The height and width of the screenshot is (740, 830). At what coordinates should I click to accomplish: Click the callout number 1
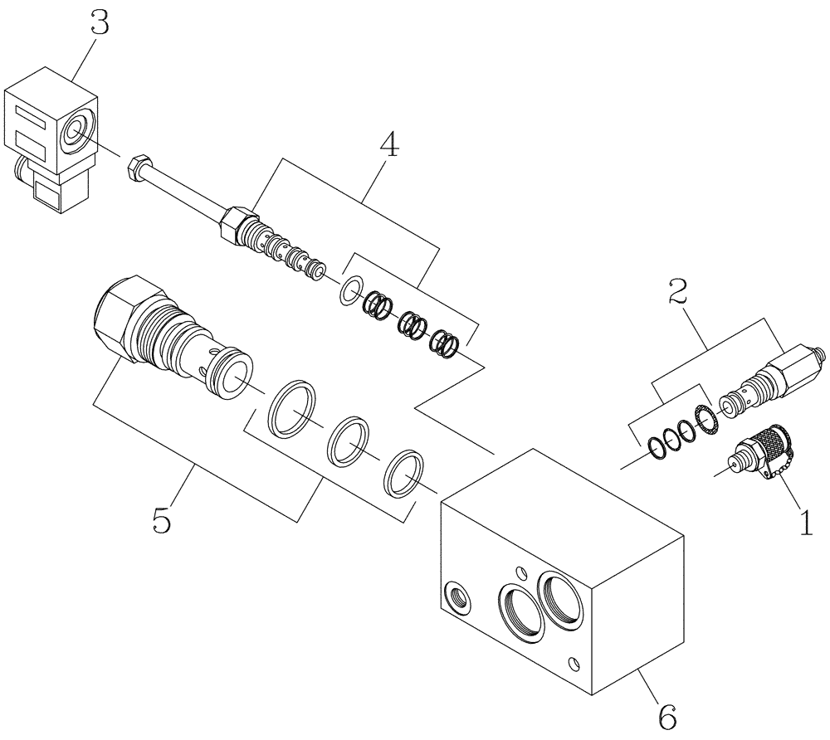click(x=804, y=523)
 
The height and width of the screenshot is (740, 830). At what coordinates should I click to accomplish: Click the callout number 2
click(x=678, y=291)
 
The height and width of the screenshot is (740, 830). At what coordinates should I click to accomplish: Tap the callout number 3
click(x=100, y=23)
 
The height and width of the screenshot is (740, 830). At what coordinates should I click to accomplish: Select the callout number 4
click(x=388, y=146)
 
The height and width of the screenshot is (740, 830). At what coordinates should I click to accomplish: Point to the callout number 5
click(x=163, y=520)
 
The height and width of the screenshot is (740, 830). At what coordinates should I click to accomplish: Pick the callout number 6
click(x=666, y=713)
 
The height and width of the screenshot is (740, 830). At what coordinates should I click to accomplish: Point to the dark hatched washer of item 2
click(x=705, y=420)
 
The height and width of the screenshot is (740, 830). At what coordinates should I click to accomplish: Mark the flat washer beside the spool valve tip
click(x=350, y=290)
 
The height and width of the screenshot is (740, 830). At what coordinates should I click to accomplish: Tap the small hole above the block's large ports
click(x=520, y=571)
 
